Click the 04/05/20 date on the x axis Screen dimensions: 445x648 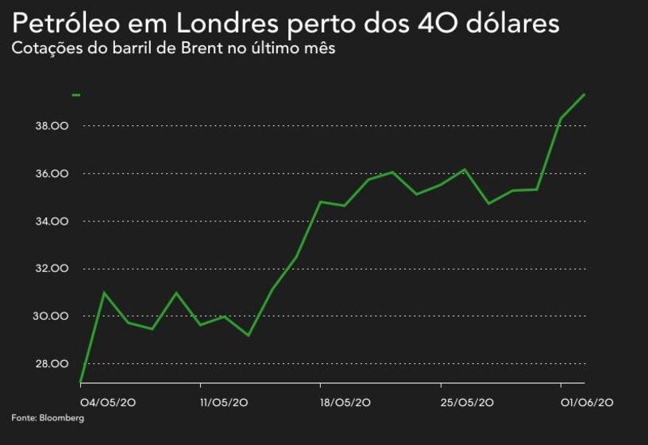coord(108,403)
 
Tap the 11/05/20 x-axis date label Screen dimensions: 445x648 coord(225,403)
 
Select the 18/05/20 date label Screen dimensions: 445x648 coord(345,403)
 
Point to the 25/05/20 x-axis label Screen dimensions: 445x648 coord(467,403)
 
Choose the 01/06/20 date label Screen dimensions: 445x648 coord(586,403)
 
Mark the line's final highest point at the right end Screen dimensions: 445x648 coord(584,94)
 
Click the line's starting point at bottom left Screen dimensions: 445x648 coord(81,383)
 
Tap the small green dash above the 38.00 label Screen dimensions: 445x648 coord(76,95)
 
